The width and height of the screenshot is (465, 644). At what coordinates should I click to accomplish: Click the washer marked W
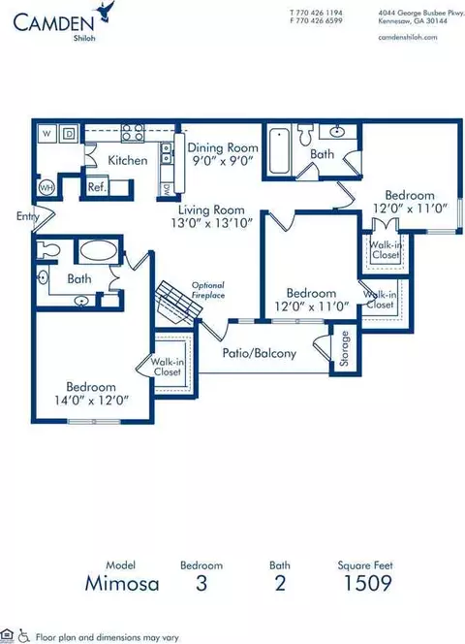click(46, 134)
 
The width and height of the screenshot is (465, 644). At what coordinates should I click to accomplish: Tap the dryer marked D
click(69, 134)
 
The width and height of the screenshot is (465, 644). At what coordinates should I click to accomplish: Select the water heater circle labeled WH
click(46, 188)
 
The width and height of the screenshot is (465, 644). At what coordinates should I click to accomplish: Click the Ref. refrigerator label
click(97, 187)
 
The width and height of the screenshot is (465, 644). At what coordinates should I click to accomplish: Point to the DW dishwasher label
click(167, 189)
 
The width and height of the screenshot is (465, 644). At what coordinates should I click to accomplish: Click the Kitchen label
click(128, 160)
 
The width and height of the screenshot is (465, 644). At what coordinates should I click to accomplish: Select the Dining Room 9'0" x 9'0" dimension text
click(223, 160)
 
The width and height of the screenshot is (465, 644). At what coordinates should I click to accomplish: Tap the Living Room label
click(211, 210)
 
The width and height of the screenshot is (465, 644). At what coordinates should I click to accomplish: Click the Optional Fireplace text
click(208, 290)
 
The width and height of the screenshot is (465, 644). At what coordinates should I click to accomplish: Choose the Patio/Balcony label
click(259, 353)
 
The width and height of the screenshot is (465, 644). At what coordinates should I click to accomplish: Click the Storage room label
click(344, 348)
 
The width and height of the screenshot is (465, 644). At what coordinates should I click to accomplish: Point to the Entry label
click(27, 216)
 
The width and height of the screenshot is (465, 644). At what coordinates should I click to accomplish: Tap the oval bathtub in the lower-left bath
click(98, 250)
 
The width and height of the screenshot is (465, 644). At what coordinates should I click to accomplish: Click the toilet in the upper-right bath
click(305, 134)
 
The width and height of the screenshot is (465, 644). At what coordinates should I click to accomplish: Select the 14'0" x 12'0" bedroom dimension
click(91, 400)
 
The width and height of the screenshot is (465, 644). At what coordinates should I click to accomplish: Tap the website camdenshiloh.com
click(407, 38)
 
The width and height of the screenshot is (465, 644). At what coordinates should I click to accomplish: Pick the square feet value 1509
click(367, 583)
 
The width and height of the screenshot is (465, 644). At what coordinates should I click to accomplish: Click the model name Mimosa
click(122, 583)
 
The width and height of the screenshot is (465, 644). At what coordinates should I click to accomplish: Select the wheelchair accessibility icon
click(24, 636)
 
